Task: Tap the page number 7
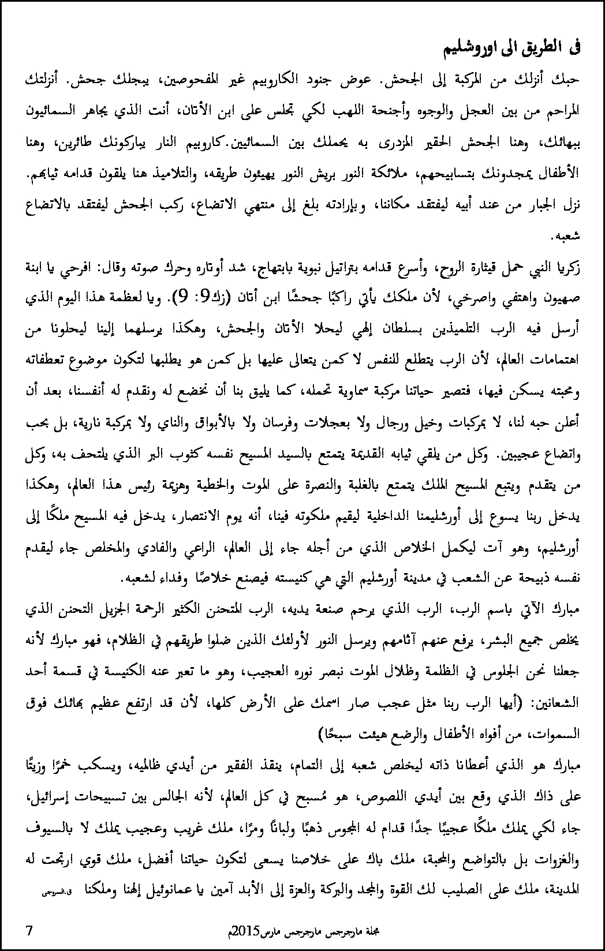tap(29, 930)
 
